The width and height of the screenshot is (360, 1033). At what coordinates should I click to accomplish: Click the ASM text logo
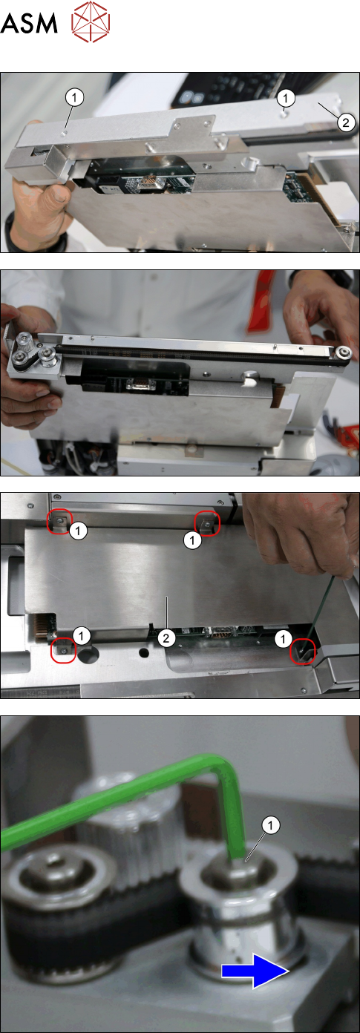point(29,22)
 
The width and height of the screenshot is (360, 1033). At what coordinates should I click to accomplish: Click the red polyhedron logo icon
point(91,22)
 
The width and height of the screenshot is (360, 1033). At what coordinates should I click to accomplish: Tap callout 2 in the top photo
point(346,122)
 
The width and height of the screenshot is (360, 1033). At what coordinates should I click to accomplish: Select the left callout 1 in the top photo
point(74,97)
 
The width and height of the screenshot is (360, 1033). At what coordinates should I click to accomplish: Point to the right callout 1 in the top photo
point(286,97)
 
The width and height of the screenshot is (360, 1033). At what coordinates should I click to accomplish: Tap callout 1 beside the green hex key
point(270,825)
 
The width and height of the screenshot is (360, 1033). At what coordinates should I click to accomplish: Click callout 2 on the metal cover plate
point(166,638)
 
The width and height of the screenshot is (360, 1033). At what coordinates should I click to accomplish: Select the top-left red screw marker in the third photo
point(60,522)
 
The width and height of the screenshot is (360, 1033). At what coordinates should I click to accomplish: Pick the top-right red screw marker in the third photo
point(208,523)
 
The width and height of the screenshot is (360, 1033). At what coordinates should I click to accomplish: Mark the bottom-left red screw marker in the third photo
point(63,651)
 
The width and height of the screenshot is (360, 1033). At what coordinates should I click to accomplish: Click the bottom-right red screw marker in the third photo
point(303,651)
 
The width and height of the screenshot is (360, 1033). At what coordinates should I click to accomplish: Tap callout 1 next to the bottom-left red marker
point(81,636)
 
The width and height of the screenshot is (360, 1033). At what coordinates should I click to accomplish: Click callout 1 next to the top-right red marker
point(192,540)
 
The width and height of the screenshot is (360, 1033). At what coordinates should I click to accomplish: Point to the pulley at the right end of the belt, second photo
point(342,352)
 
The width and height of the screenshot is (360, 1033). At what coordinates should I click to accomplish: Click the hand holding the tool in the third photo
point(300,531)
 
